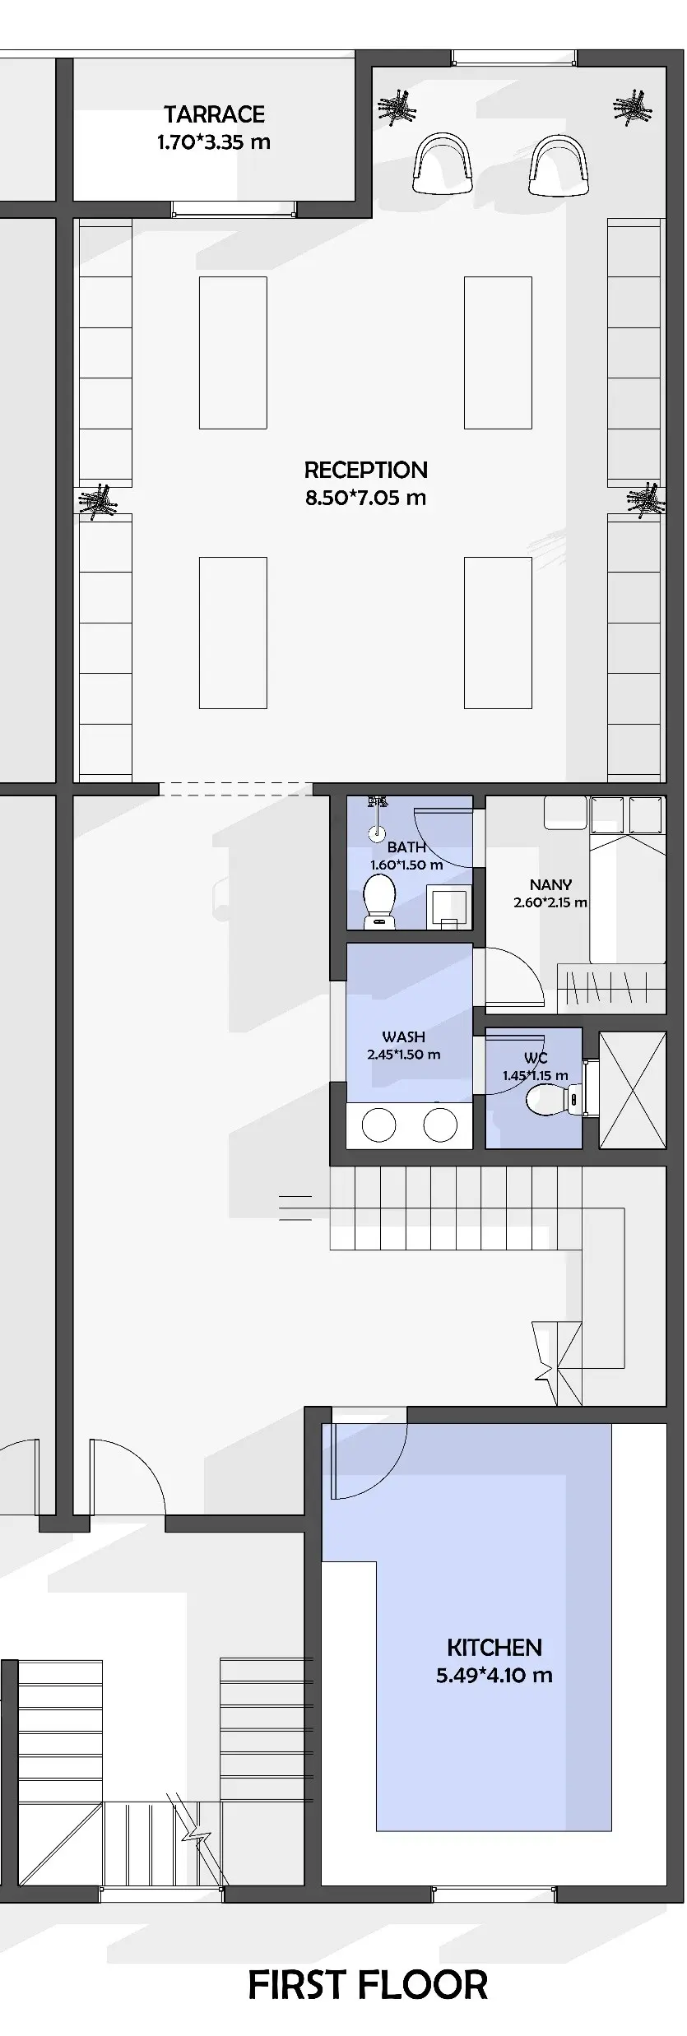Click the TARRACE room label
214,114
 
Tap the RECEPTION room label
366,471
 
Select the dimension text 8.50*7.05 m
366,498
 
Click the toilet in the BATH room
380,902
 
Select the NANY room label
550,885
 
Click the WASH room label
403,1037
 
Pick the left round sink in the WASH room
379,1125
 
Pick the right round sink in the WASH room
440,1125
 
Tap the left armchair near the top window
443,164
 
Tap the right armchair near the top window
559,164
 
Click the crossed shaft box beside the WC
632,1090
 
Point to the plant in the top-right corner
634,105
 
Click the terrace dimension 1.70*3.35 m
214,142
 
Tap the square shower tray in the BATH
448,909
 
